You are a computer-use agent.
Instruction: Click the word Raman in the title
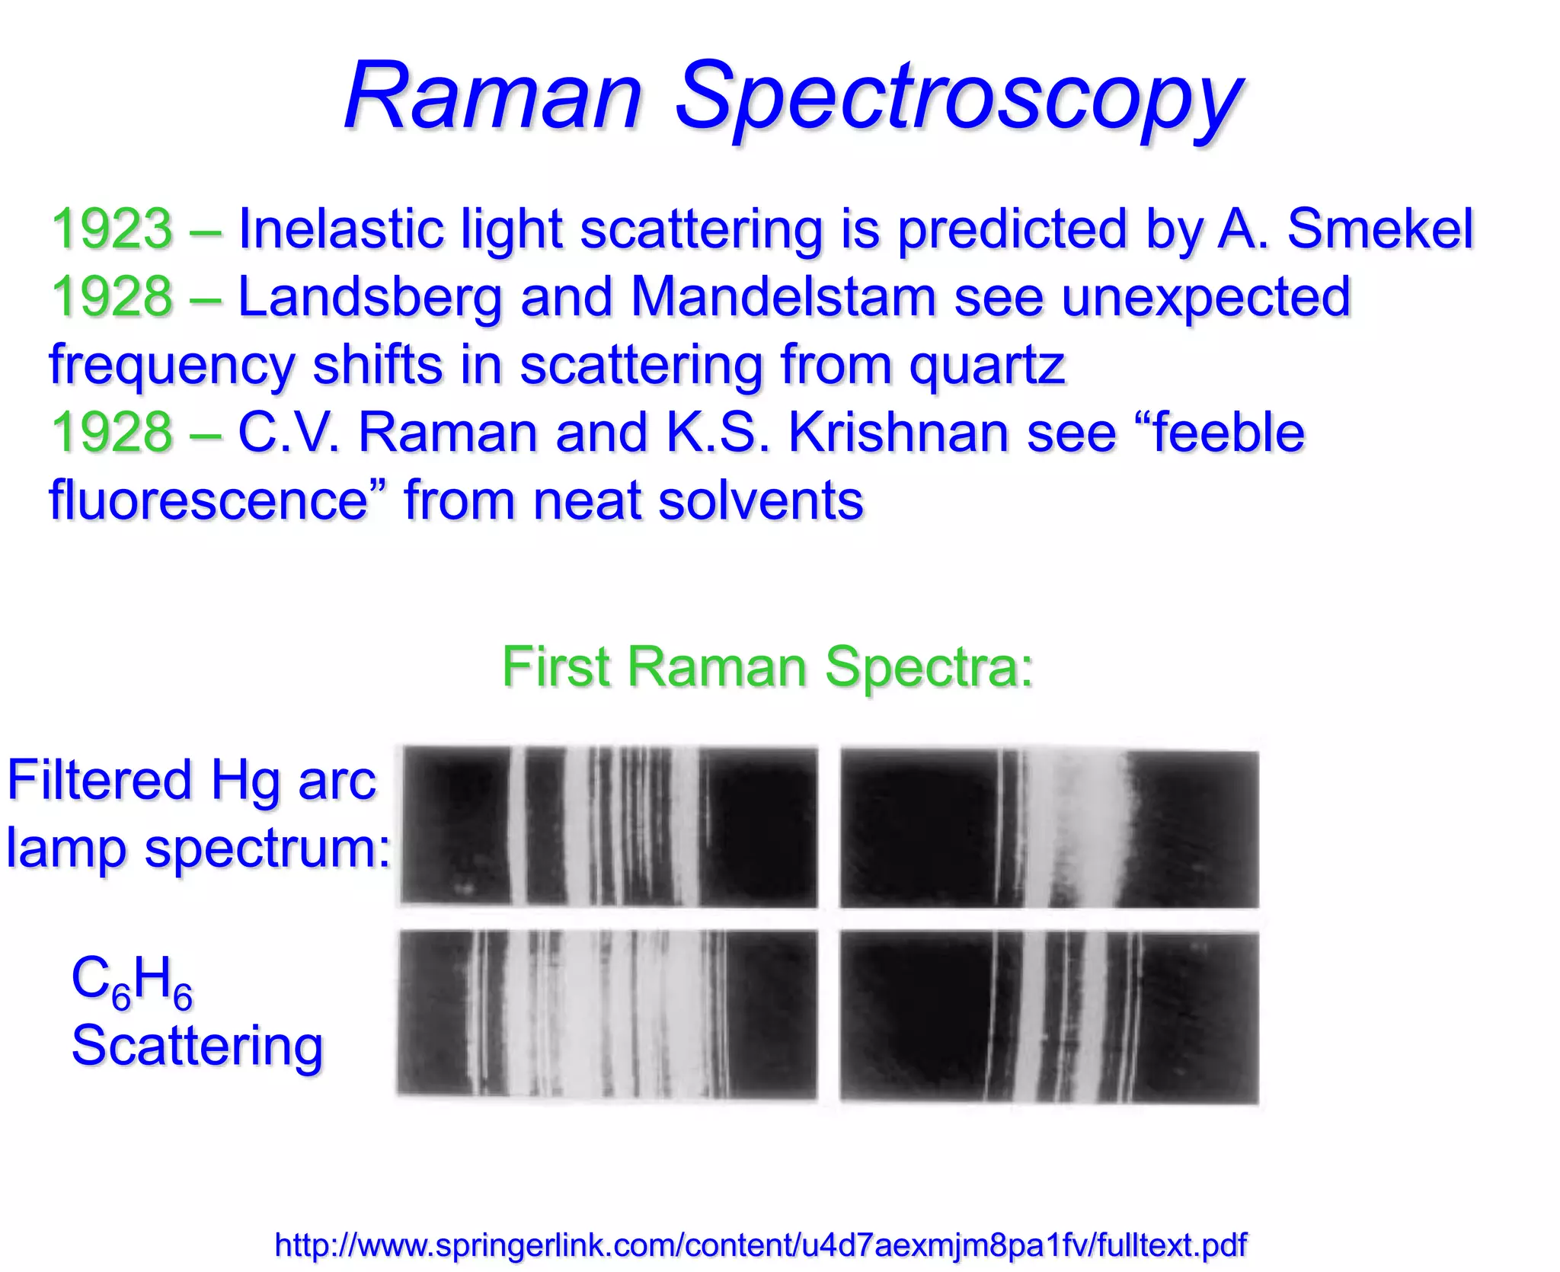click(x=494, y=97)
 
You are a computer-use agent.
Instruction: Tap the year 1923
click(x=112, y=229)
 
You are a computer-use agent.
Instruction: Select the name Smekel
click(x=1380, y=229)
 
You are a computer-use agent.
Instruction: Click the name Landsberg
click(x=370, y=297)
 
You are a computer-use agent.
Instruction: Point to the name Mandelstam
click(x=783, y=297)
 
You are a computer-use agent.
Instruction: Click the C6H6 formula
click(x=132, y=981)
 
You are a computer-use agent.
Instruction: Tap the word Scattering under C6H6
click(x=197, y=1046)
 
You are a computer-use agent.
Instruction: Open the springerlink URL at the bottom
click(x=760, y=1245)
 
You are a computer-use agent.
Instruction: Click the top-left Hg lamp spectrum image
click(x=609, y=826)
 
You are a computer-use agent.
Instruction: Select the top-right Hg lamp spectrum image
click(x=1049, y=829)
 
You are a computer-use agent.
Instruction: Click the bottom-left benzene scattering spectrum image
click(x=607, y=1014)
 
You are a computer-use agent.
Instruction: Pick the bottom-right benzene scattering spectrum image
click(x=1049, y=1017)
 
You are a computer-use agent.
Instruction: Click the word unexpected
click(x=1206, y=297)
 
